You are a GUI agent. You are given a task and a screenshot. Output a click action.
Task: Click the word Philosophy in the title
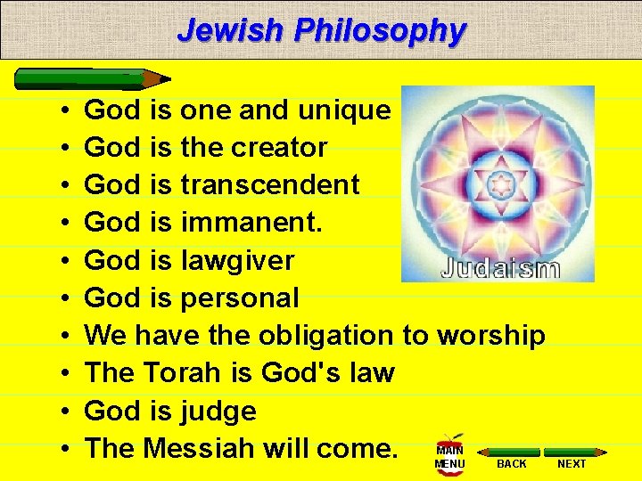(380, 30)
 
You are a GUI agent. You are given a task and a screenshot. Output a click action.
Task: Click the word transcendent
(269, 185)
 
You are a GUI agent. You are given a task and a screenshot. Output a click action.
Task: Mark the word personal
(239, 298)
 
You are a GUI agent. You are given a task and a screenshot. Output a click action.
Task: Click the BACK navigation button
(512, 459)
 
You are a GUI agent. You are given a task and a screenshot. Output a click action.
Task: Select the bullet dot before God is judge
(68, 412)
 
